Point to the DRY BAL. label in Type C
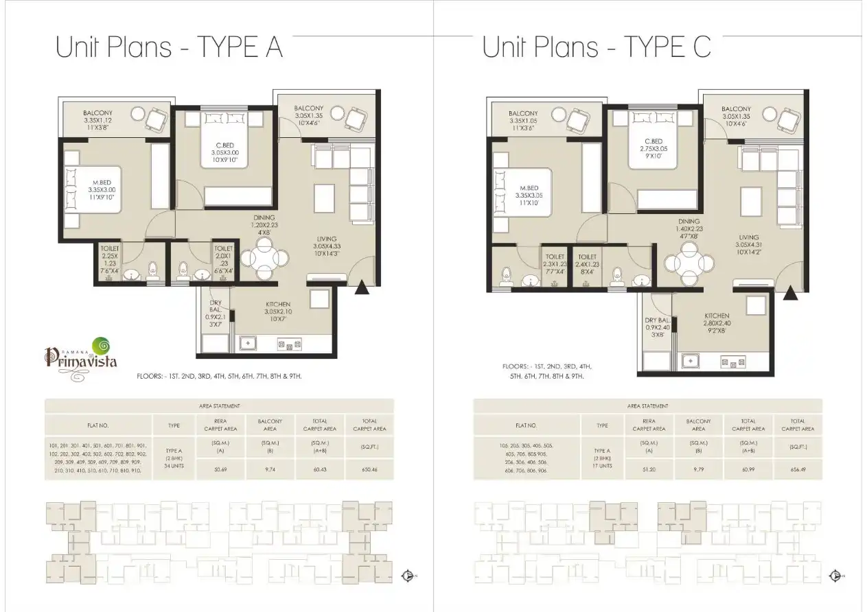coord(657,320)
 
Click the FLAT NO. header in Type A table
coord(98,425)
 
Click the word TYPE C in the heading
coord(667,47)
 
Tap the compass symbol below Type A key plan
coord(408,576)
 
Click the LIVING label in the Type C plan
coord(748,237)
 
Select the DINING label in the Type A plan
coord(264,218)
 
